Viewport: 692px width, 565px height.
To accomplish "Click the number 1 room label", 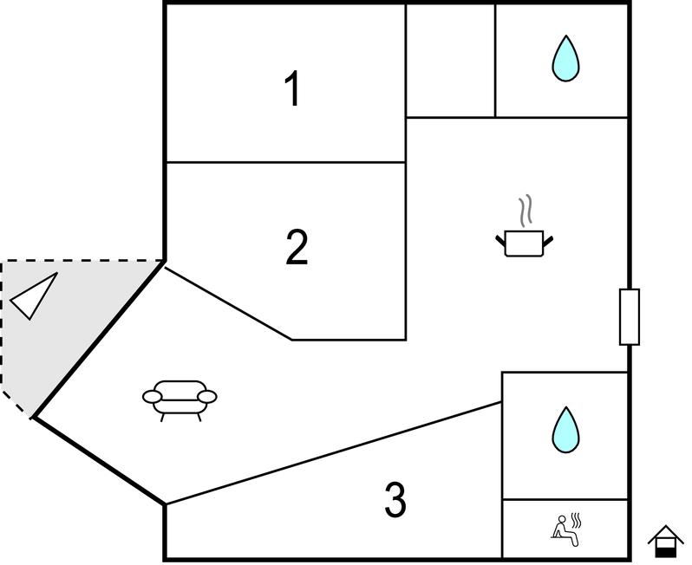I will click(x=294, y=89).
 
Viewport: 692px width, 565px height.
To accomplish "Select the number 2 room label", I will click(x=297, y=248).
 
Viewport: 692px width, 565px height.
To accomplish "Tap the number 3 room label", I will click(x=395, y=500).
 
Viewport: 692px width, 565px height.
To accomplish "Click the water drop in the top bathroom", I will click(x=565, y=59).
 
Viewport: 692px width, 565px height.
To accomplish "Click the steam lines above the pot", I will click(x=525, y=211).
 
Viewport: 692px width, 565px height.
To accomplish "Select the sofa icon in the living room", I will click(x=180, y=398).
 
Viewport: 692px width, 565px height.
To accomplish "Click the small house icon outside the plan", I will click(x=665, y=541).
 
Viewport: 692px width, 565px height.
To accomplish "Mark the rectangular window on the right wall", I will click(x=630, y=317).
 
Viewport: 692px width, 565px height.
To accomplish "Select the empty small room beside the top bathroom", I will click(x=450, y=61).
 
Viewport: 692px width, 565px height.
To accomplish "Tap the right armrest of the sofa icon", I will click(x=208, y=396).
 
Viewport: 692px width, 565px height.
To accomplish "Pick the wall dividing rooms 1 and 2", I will click(x=285, y=162).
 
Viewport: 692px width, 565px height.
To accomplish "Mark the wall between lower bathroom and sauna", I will click(x=565, y=499).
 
